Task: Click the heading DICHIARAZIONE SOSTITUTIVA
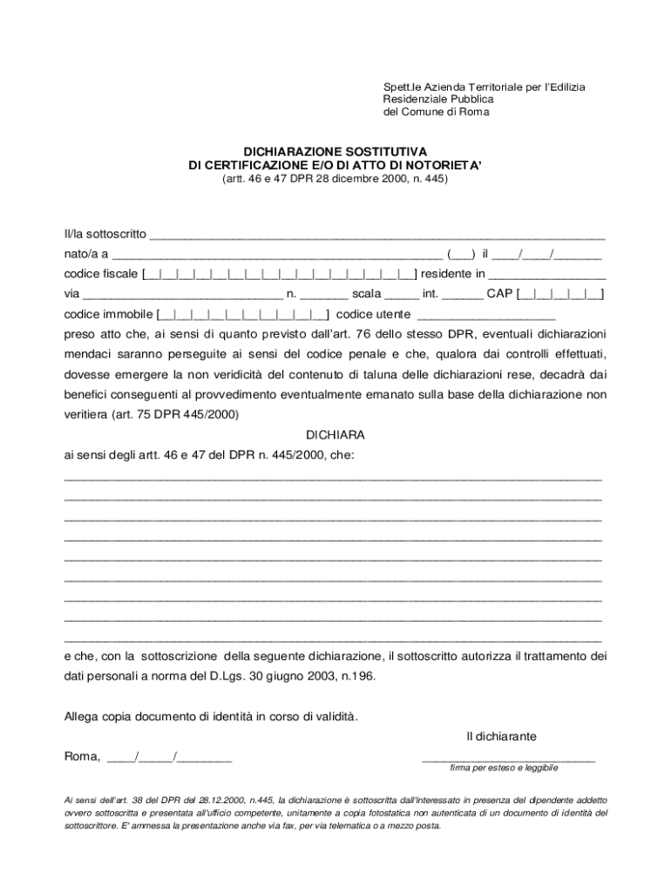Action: pyautogui.click(x=335, y=151)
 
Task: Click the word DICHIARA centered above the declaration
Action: pyautogui.click(x=335, y=434)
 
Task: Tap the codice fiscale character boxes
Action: pyautogui.click(x=279, y=275)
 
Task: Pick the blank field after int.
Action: pyautogui.click(x=463, y=295)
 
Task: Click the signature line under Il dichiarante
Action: pyautogui.click(x=509, y=759)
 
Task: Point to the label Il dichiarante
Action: pyautogui.click(x=501, y=737)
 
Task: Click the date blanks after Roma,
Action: pyautogui.click(x=170, y=757)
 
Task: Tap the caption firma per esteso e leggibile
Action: pyautogui.click(x=504, y=768)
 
